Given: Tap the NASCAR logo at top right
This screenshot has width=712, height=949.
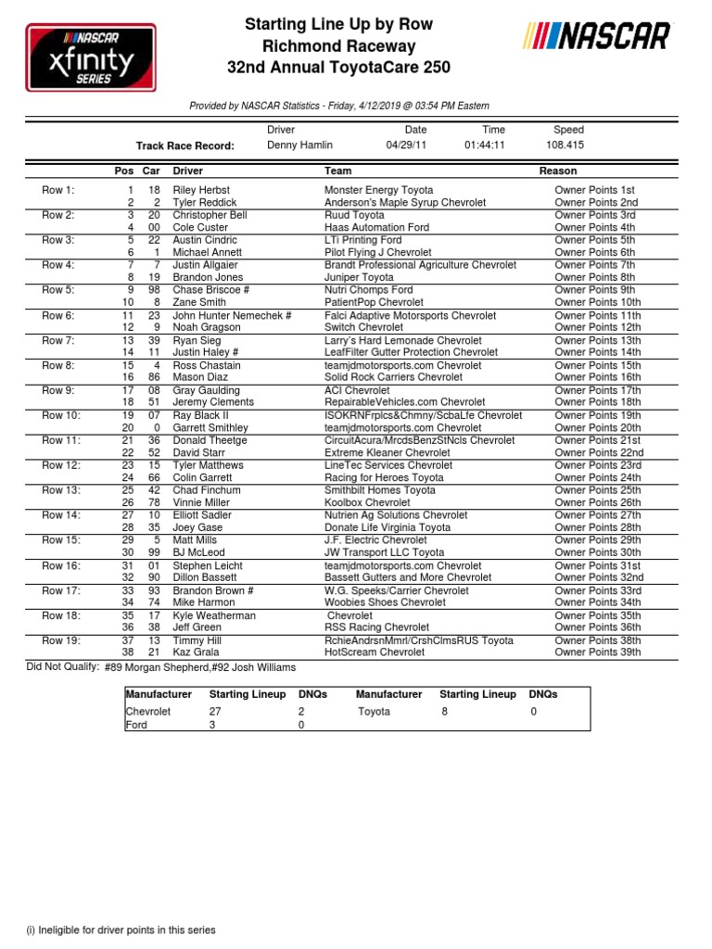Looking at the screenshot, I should [x=597, y=37].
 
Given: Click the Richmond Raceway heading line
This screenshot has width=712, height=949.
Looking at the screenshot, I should [x=338, y=46].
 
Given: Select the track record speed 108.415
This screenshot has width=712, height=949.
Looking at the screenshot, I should [x=566, y=146].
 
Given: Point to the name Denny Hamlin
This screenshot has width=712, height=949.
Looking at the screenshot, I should [x=299, y=146].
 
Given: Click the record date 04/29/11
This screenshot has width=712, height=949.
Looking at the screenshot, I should [x=406, y=146].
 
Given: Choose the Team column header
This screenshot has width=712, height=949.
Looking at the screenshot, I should [x=337, y=171].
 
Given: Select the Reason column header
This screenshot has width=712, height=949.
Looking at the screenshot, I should [x=558, y=171].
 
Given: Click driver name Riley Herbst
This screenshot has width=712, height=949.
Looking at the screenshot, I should [x=201, y=190].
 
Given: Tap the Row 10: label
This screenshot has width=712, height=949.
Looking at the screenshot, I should [x=61, y=415].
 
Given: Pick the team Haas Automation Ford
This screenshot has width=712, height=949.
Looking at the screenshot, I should [x=376, y=227].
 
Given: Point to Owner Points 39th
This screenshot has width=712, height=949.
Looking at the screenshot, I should [x=598, y=652].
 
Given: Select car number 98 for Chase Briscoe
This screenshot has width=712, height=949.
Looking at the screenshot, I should [x=153, y=290].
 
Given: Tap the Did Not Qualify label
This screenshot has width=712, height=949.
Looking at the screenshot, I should [x=62, y=667].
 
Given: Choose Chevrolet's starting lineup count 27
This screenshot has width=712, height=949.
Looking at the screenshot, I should [x=216, y=712].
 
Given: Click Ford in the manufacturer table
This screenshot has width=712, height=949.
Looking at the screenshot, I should [x=136, y=725].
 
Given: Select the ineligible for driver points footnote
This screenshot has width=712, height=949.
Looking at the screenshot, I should [x=121, y=930].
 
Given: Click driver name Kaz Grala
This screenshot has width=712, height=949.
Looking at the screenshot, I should [x=195, y=652].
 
